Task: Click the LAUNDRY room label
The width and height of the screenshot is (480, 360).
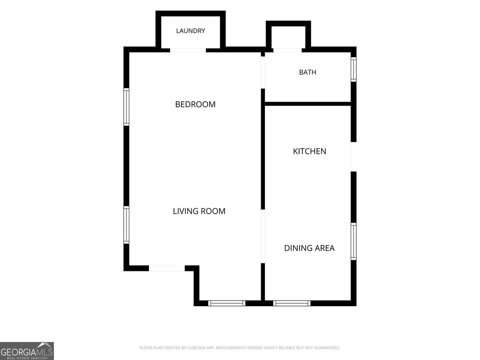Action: [x=190, y=30]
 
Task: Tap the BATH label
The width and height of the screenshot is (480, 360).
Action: [x=307, y=72]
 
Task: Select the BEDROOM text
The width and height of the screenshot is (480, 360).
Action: [x=195, y=105]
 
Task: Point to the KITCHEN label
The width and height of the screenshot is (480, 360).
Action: [x=309, y=151]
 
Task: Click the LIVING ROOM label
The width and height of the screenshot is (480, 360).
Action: [x=199, y=211]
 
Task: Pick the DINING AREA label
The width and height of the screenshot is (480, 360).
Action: [x=309, y=248]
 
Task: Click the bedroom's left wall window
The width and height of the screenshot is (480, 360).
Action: [x=126, y=107]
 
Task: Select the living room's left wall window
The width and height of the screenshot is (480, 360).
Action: [x=126, y=225]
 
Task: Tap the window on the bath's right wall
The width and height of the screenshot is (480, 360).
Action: [x=353, y=69]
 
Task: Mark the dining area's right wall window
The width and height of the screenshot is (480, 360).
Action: [x=353, y=241]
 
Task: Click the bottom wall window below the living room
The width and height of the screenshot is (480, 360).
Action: [x=226, y=303]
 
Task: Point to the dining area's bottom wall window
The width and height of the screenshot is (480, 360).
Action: [x=292, y=303]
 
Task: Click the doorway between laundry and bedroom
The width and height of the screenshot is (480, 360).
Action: [x=188, y=50]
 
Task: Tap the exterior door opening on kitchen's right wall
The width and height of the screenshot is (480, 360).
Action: [x=353, y=157]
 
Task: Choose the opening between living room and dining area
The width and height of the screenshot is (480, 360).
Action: [x=262, y=236]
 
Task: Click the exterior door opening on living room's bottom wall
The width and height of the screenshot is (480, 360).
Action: [x=167, y=268]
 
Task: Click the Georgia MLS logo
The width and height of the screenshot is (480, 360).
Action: [x=27, y=351]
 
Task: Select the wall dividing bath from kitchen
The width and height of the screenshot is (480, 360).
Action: [x=307, y=104]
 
